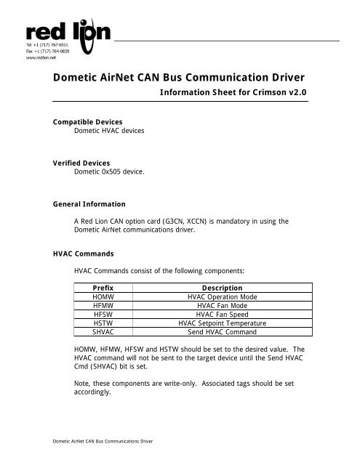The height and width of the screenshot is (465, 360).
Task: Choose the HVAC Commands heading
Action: pyautogui.click(x=75, y=255)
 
